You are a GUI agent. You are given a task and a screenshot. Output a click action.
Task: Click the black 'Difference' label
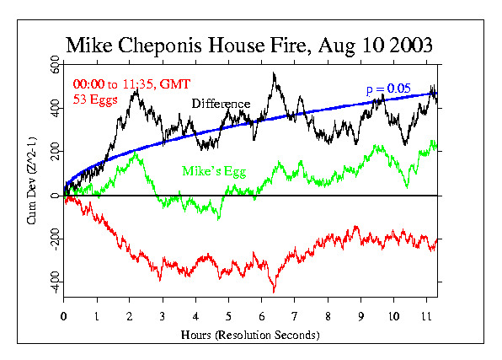(x=221, y=104)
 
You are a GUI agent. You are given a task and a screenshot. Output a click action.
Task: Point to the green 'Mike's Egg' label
(x=211, y=171)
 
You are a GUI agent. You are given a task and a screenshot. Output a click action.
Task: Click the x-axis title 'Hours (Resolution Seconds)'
(x=250, y=336)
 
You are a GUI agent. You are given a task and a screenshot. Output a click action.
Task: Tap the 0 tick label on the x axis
(x=64, y=316)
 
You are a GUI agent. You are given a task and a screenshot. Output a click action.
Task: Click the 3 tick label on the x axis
(x=163, y=316)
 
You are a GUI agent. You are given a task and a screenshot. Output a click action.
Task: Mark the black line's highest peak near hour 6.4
(x=274, y=73)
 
